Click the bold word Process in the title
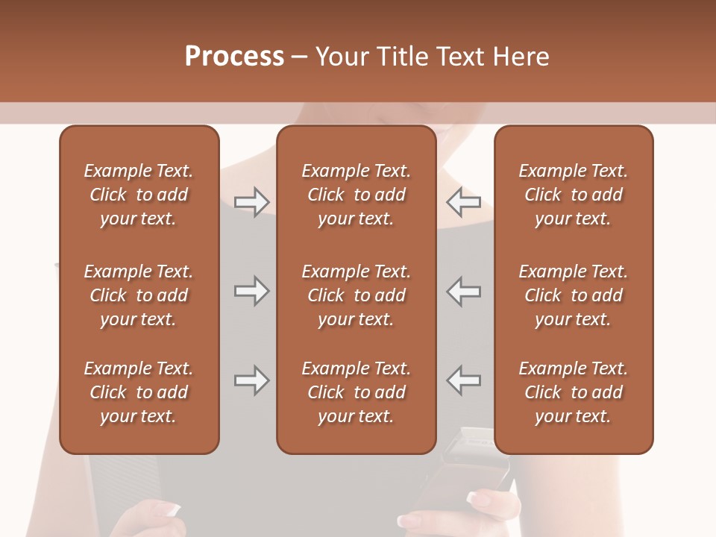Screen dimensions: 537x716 tap(234, 57)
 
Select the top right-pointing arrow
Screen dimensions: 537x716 tap(251, 202)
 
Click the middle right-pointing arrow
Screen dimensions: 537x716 tap(251, 291)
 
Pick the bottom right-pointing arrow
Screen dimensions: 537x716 tap(251, 380)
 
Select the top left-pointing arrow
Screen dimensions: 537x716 tap(463, 202)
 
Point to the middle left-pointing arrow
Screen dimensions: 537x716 tap(463, 291)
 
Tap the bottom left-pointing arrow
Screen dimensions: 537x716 tap(463, 380)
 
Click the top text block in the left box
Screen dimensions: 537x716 tap(139, 195)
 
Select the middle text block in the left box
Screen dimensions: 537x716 tap(139, 295)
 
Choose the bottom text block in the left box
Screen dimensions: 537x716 tap(139, 392)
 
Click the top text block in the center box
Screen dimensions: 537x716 tap(356, 195)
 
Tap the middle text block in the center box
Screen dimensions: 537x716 tap(356, 295)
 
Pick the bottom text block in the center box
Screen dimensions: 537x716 tap(356, 392)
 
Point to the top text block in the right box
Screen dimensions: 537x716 tap(573, 195)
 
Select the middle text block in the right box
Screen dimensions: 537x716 tap(573, 295)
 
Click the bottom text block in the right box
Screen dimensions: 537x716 tap(573, 392)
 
